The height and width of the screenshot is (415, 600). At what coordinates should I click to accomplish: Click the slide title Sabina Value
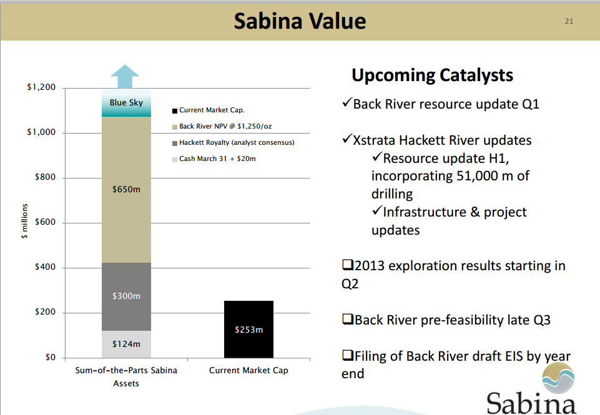point(300,21)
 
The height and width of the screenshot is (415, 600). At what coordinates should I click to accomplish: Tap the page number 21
point(569,21)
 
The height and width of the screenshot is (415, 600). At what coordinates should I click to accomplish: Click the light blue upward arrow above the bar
point(125,77)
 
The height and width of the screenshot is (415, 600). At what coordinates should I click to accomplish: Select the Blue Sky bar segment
point(126,102)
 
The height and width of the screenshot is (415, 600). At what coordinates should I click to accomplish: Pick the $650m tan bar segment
point(126,189)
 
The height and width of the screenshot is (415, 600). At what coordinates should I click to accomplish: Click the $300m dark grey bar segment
point(126,296)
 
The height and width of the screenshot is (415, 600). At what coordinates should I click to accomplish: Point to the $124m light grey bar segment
point(126,344)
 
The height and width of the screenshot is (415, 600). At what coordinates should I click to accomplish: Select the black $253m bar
point(248,330)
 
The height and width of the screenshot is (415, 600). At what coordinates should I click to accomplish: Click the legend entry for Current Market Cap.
point(208,110)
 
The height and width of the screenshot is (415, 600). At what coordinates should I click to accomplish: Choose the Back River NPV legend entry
point(222,126)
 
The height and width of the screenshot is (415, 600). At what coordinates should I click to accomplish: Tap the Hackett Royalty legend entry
point(233,143)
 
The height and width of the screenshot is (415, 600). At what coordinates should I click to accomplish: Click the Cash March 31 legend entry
point(214,159)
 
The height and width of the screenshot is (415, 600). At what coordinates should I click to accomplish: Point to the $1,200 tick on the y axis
point(41,87)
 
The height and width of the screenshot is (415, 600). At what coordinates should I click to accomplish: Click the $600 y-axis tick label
point(45,222)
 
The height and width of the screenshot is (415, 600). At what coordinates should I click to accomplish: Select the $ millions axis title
point(24,221)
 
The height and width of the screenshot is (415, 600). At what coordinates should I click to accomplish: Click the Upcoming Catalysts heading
point(433,76)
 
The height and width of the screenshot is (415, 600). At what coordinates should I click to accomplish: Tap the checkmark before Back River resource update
point(347,102)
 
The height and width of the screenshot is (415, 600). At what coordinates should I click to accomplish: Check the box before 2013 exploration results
point(347,265)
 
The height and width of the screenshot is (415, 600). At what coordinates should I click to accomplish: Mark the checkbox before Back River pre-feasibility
point(347,319)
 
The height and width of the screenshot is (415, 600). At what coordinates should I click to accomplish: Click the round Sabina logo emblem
point(558,378)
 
